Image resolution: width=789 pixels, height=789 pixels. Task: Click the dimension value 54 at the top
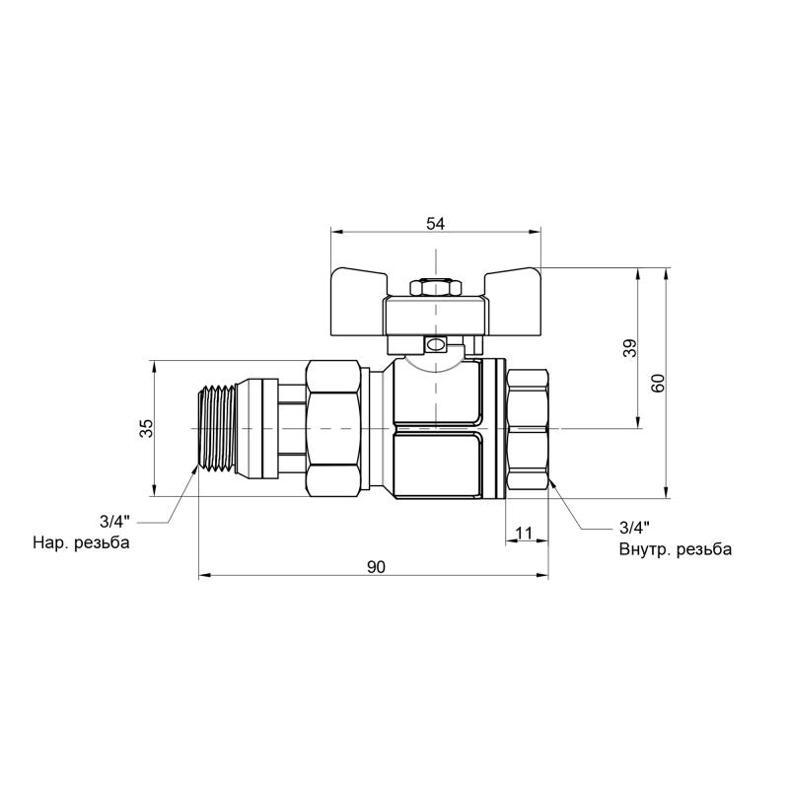point(436,224)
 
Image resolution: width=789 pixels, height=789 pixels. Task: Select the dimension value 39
point(629,348)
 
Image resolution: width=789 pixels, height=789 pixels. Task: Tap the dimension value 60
point(658,384)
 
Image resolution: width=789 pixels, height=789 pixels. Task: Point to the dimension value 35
point(146,428)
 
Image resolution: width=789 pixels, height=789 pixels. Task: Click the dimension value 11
point(524,533)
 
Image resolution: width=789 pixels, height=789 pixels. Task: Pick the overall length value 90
point(376,567)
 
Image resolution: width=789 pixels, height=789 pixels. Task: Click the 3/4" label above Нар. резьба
point(114,522)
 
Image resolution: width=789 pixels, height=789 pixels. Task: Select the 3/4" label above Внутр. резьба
point(634,528)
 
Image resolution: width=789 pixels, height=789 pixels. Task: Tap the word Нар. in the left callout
point(50,543)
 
